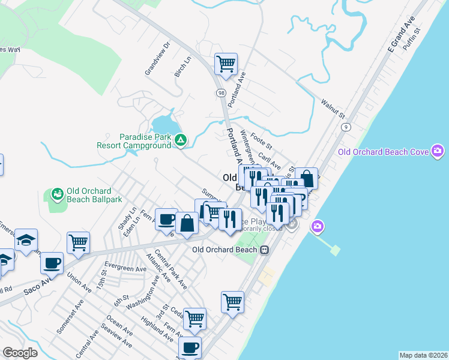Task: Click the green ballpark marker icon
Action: [x=57, y=194]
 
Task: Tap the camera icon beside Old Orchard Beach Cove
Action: [x=438, y=151]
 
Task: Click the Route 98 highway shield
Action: [x=221, y=93]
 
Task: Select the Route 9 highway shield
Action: [x=346, y=127]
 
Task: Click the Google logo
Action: [x=20, y=353]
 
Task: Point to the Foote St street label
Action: [x=262, y=142]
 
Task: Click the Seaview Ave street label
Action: [x=116, y=340]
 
